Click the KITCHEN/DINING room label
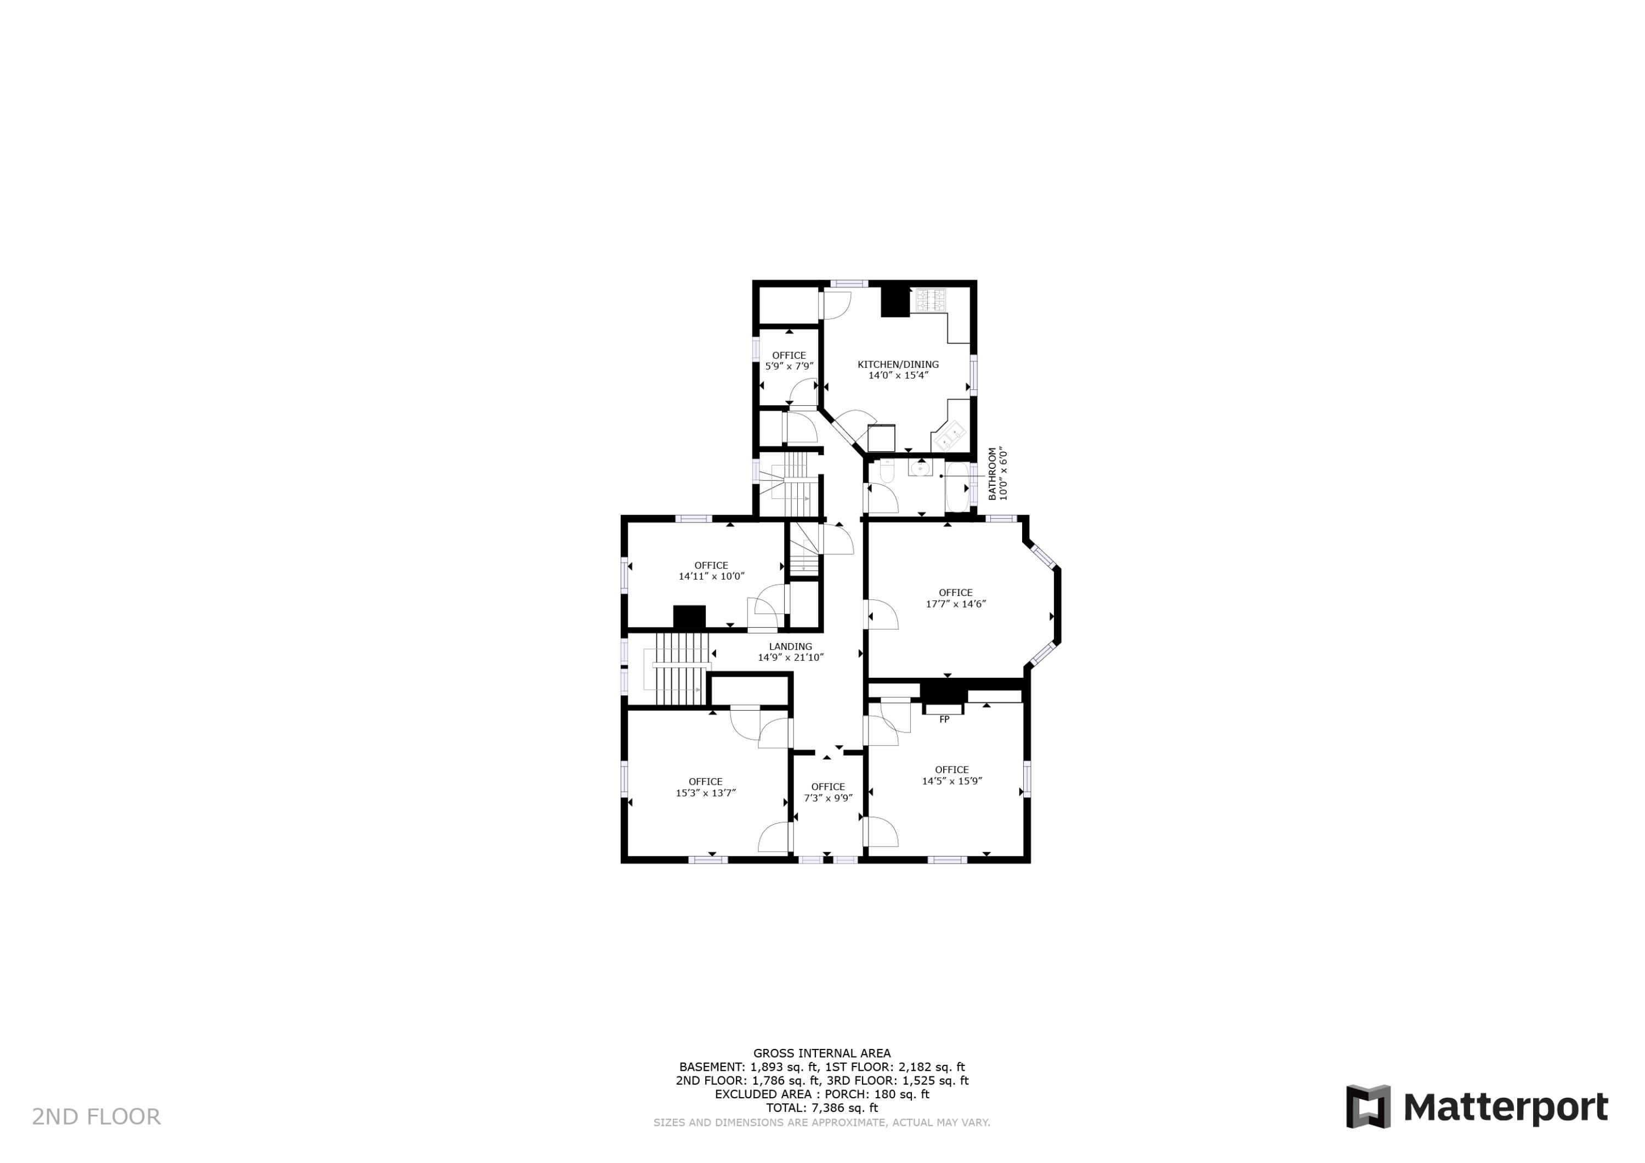coord(898,364)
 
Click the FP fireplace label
coord(944,719)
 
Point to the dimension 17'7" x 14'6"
coord(956,603)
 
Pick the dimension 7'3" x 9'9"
coord(827,798)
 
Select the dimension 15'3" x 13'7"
coord(705,792)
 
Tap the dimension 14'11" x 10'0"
coord(711,575)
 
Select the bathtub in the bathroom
coord(957,487)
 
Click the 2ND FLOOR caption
coord(96,1116)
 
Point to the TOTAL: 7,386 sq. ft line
coord(822,1108)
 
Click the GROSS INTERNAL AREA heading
coord(822,1053)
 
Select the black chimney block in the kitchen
coord(895,302)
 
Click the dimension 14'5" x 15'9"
coord(951,780)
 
